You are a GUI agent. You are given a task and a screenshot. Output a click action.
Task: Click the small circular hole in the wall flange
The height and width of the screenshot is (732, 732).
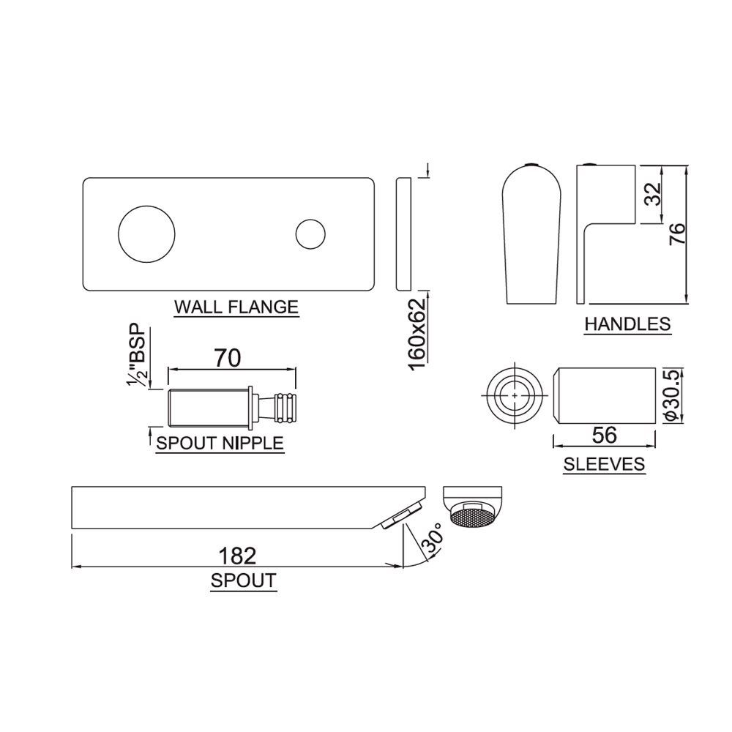point(310,234)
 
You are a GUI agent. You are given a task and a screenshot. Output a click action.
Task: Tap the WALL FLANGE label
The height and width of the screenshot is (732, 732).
point(236,306)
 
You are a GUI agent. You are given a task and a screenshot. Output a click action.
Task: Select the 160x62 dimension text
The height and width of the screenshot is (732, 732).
point(417,335)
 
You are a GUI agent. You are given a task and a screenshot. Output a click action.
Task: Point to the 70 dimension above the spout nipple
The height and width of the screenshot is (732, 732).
point(228,359)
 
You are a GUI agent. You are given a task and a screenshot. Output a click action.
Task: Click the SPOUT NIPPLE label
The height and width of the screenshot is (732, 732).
point(220,442)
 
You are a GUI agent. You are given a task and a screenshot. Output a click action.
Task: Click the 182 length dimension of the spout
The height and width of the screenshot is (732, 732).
point(238,556)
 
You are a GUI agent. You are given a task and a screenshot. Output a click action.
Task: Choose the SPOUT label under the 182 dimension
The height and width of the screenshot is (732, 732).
point(243,581)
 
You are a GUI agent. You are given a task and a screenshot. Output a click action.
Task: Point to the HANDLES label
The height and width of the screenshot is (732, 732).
point(627,324)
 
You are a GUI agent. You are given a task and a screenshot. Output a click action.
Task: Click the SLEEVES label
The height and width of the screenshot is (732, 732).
point(604,463)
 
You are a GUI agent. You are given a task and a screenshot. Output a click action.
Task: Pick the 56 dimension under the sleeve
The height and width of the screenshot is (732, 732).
point(605,434)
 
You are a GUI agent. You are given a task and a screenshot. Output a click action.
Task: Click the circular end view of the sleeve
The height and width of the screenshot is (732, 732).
point(515,395)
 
